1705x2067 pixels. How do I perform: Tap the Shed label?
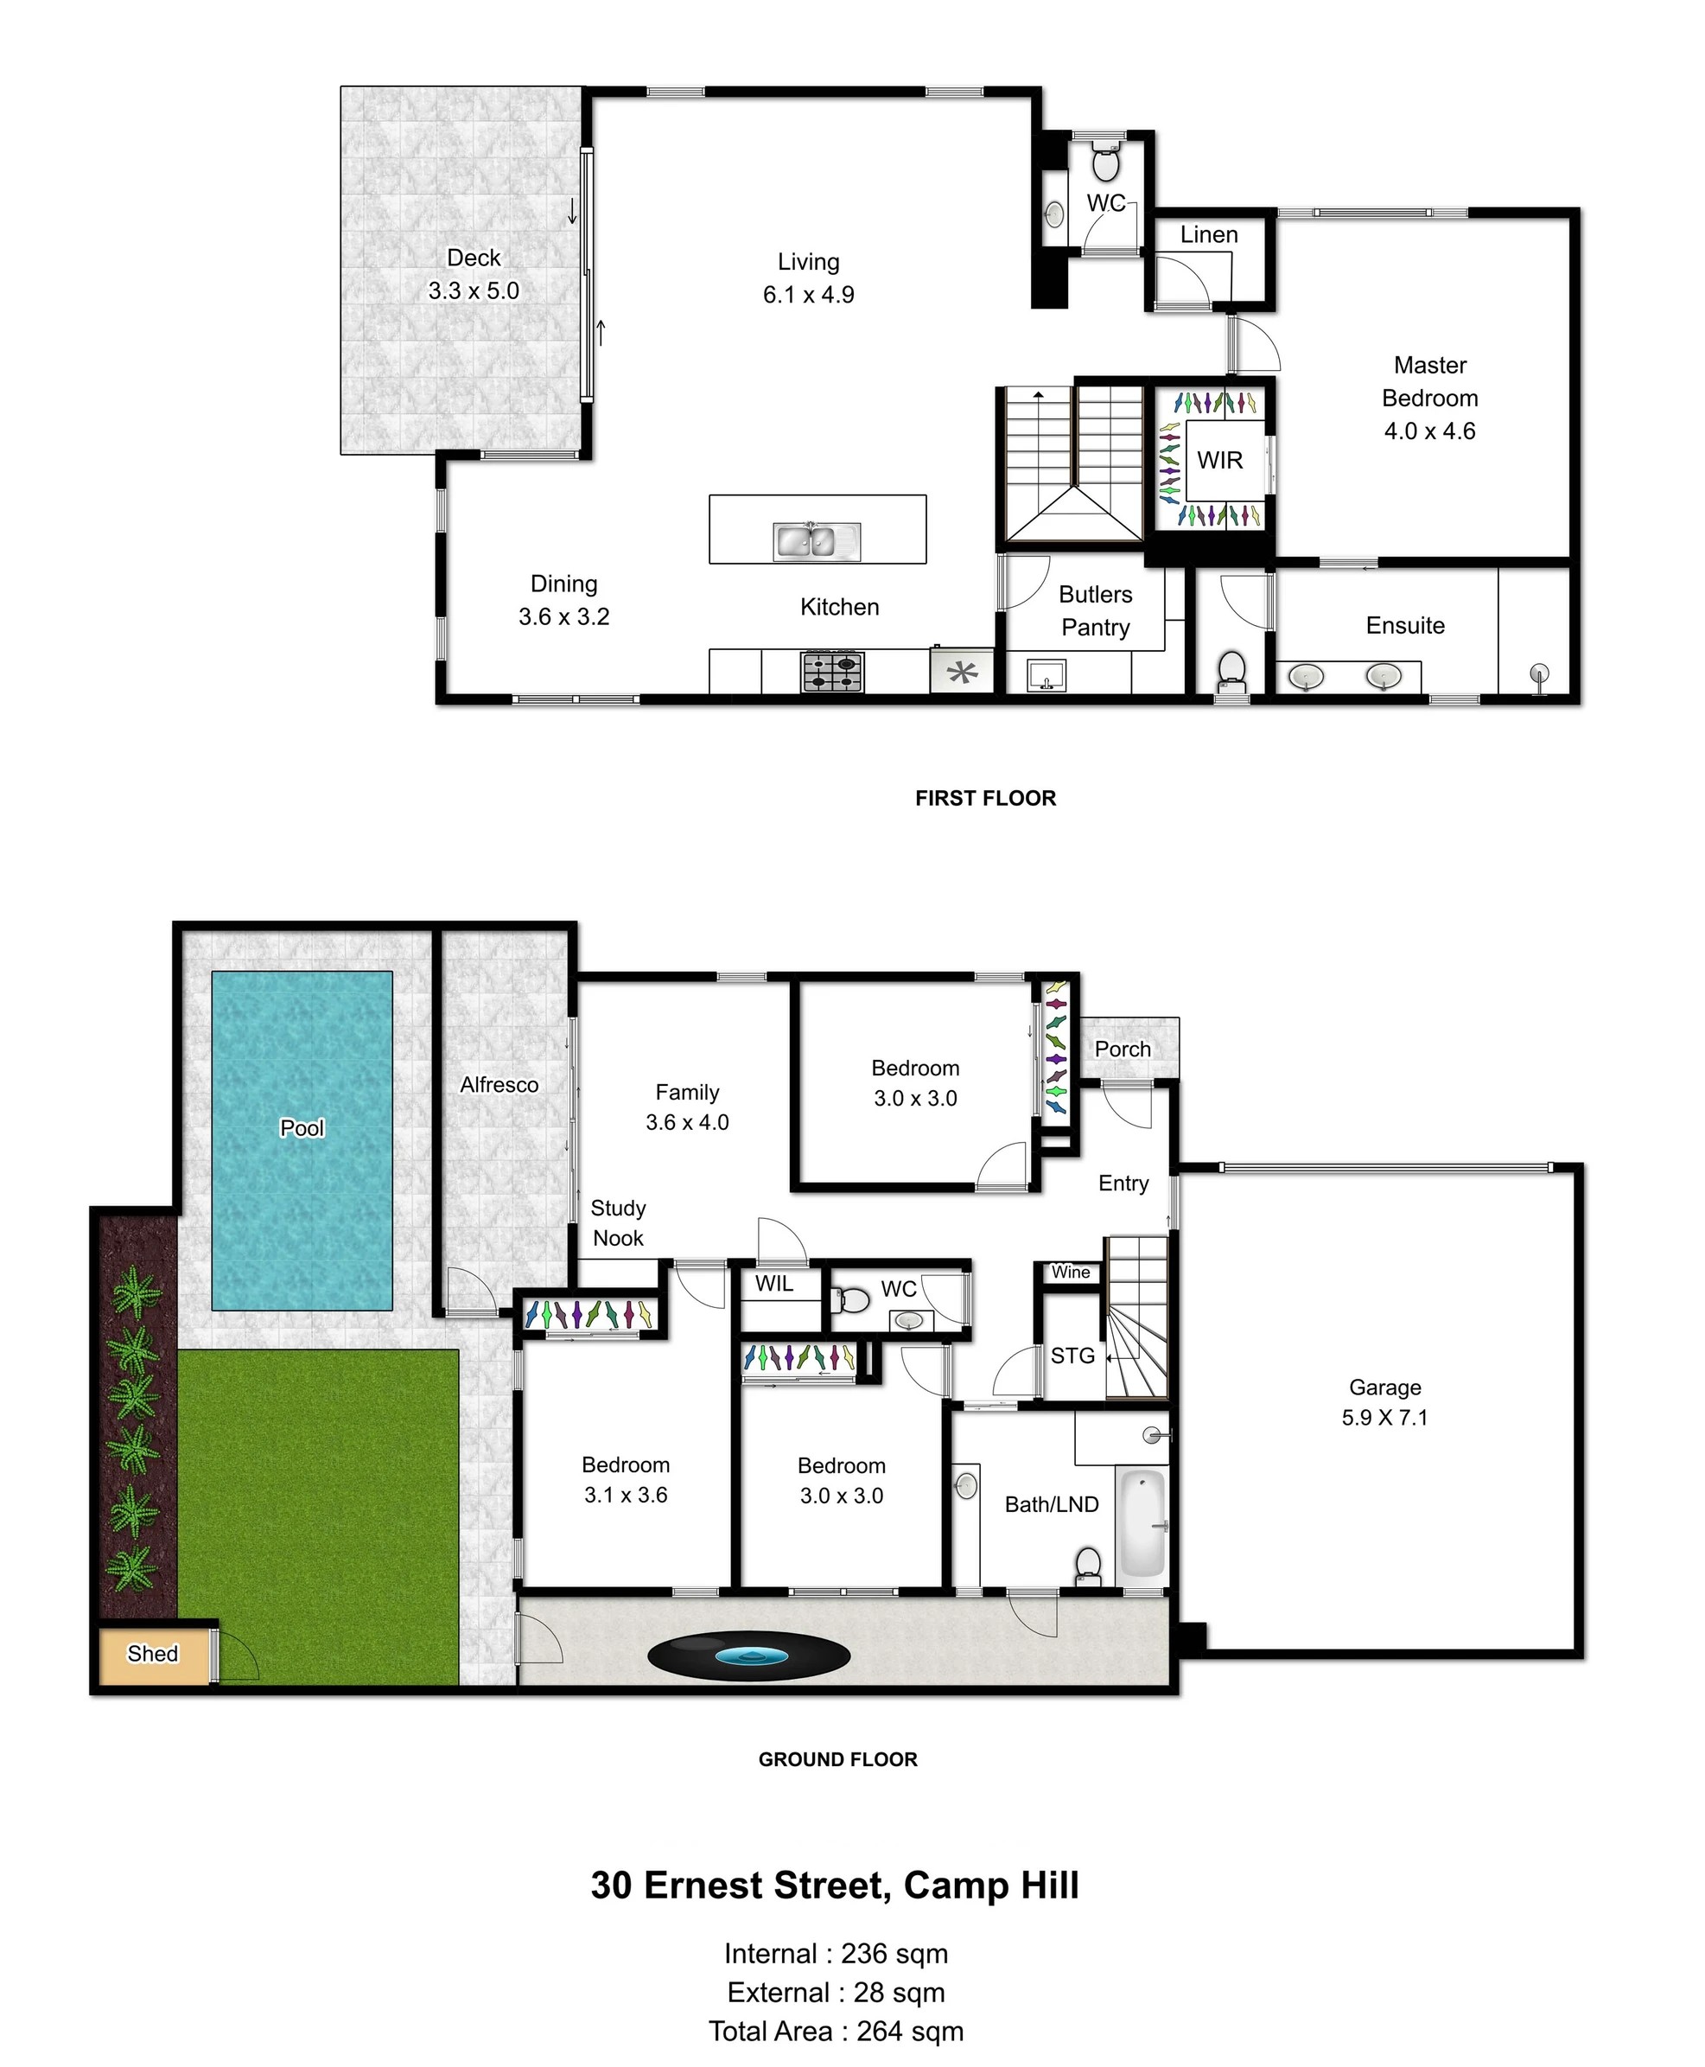153,1654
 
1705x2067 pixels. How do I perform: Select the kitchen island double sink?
818,541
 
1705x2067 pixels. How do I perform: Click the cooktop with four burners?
833,673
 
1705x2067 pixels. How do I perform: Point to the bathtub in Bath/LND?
1142,1522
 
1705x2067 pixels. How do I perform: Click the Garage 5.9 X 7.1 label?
1384,1402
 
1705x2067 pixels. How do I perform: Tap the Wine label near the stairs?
1071,1273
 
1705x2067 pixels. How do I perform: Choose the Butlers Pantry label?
1095,610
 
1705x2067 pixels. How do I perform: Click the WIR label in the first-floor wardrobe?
1220,460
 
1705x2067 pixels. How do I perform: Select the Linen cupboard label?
1209,235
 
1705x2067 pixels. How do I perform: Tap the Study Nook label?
618,1223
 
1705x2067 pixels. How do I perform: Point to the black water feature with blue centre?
749,1656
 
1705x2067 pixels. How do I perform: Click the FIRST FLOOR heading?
985,798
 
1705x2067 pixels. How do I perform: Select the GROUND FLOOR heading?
837,1758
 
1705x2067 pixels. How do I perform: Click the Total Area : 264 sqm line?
837,2031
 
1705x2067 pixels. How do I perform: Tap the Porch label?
1123,1049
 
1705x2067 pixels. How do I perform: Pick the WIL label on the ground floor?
774,1283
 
